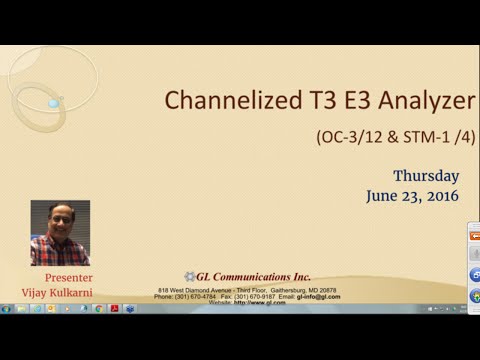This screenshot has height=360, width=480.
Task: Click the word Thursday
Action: click(x=426, y=176)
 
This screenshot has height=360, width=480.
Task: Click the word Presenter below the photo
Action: click(x=69, y=275)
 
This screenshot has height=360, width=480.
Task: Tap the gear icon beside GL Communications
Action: click(x=189, y=277)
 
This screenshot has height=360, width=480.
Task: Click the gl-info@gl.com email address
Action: click(x=319, y=297)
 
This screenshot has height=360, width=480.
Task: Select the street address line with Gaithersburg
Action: click(x=247, y=290)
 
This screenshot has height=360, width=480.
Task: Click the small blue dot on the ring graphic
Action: click(x=53, y=102)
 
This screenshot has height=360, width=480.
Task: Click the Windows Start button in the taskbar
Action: click(x=7, y=309)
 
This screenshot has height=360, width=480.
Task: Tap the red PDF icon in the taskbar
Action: click(x=115, y=309)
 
